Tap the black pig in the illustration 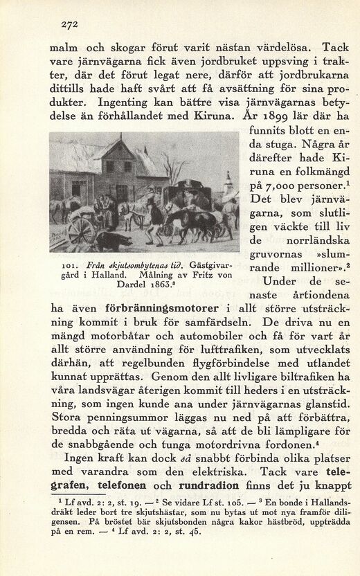tap(114, 240)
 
